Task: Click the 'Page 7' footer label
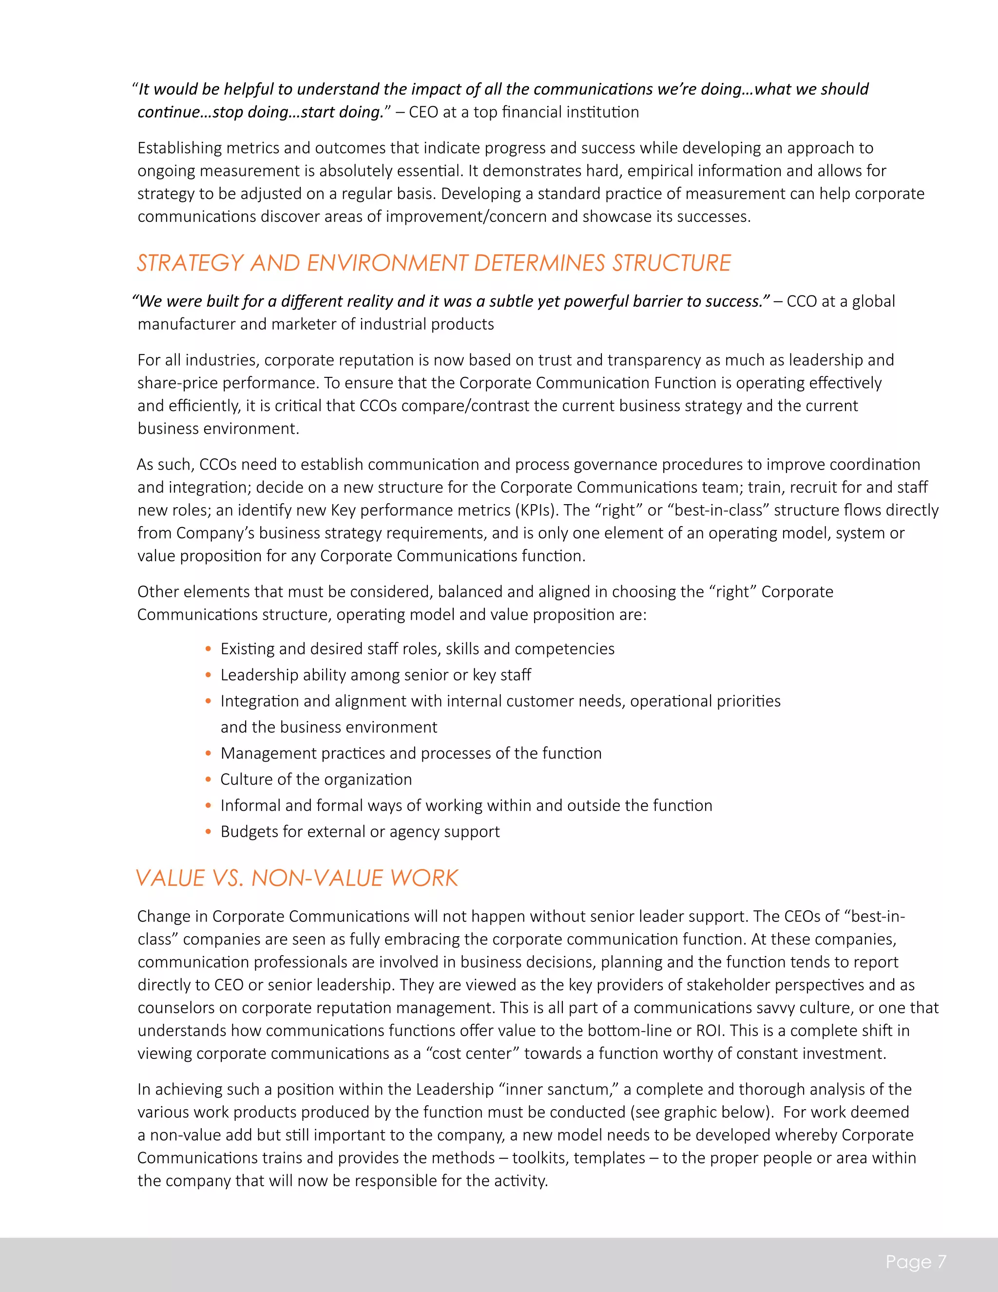click(915, 1262)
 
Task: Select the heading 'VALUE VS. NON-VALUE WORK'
click(297, 878)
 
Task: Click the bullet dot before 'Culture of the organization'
click(208, 780)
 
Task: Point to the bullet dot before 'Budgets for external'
click(208, 832)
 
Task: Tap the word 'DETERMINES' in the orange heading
click(539, 263)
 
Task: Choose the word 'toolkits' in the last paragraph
click(540, 1158)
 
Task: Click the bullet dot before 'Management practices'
click(208, 754)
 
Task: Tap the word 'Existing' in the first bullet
click(247, 649)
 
